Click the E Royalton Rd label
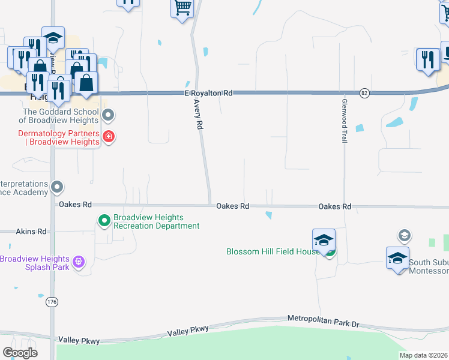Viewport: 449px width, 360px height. coord(208,94)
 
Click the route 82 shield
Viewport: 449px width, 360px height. coord(364,93)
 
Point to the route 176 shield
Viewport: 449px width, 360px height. coord(52,302)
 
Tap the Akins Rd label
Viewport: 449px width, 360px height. coord(31,231)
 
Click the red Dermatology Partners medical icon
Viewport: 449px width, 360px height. coord(109,137)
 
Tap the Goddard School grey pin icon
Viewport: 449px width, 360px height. coord(108,115)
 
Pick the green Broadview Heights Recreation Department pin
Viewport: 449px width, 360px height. coord(104,221)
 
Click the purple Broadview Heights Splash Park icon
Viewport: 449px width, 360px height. coord(77,262)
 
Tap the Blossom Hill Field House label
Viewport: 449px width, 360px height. coord(273,251)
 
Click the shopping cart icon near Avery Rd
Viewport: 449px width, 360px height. coord(182,8)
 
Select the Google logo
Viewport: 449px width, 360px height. coord(20,352)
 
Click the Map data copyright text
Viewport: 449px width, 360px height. coord(424,355)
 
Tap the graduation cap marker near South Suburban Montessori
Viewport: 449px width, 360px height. coord(397,258)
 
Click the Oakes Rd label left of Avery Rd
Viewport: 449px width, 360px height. coord(75,205)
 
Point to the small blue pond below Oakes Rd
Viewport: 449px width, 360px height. coord(268,215)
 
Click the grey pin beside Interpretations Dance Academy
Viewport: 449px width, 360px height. coord(57,187)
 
